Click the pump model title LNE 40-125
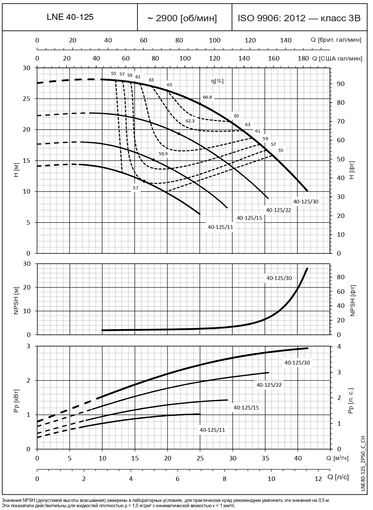[70, 17]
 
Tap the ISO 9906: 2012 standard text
[299, 18]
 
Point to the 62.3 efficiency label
[190, 121]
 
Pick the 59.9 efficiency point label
[163, 154]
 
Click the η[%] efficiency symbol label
[217, 81]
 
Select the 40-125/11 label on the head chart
[221, 227]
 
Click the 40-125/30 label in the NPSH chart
[279, 278]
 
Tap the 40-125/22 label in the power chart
[269, 385]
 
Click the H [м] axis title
[16, 170]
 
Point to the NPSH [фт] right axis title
[352, 300]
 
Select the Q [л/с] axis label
[339, 477]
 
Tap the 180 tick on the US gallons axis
[303, 58]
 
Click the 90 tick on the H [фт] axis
[340, 84]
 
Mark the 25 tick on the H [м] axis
[27, 99]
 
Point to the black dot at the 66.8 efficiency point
[200, 104]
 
